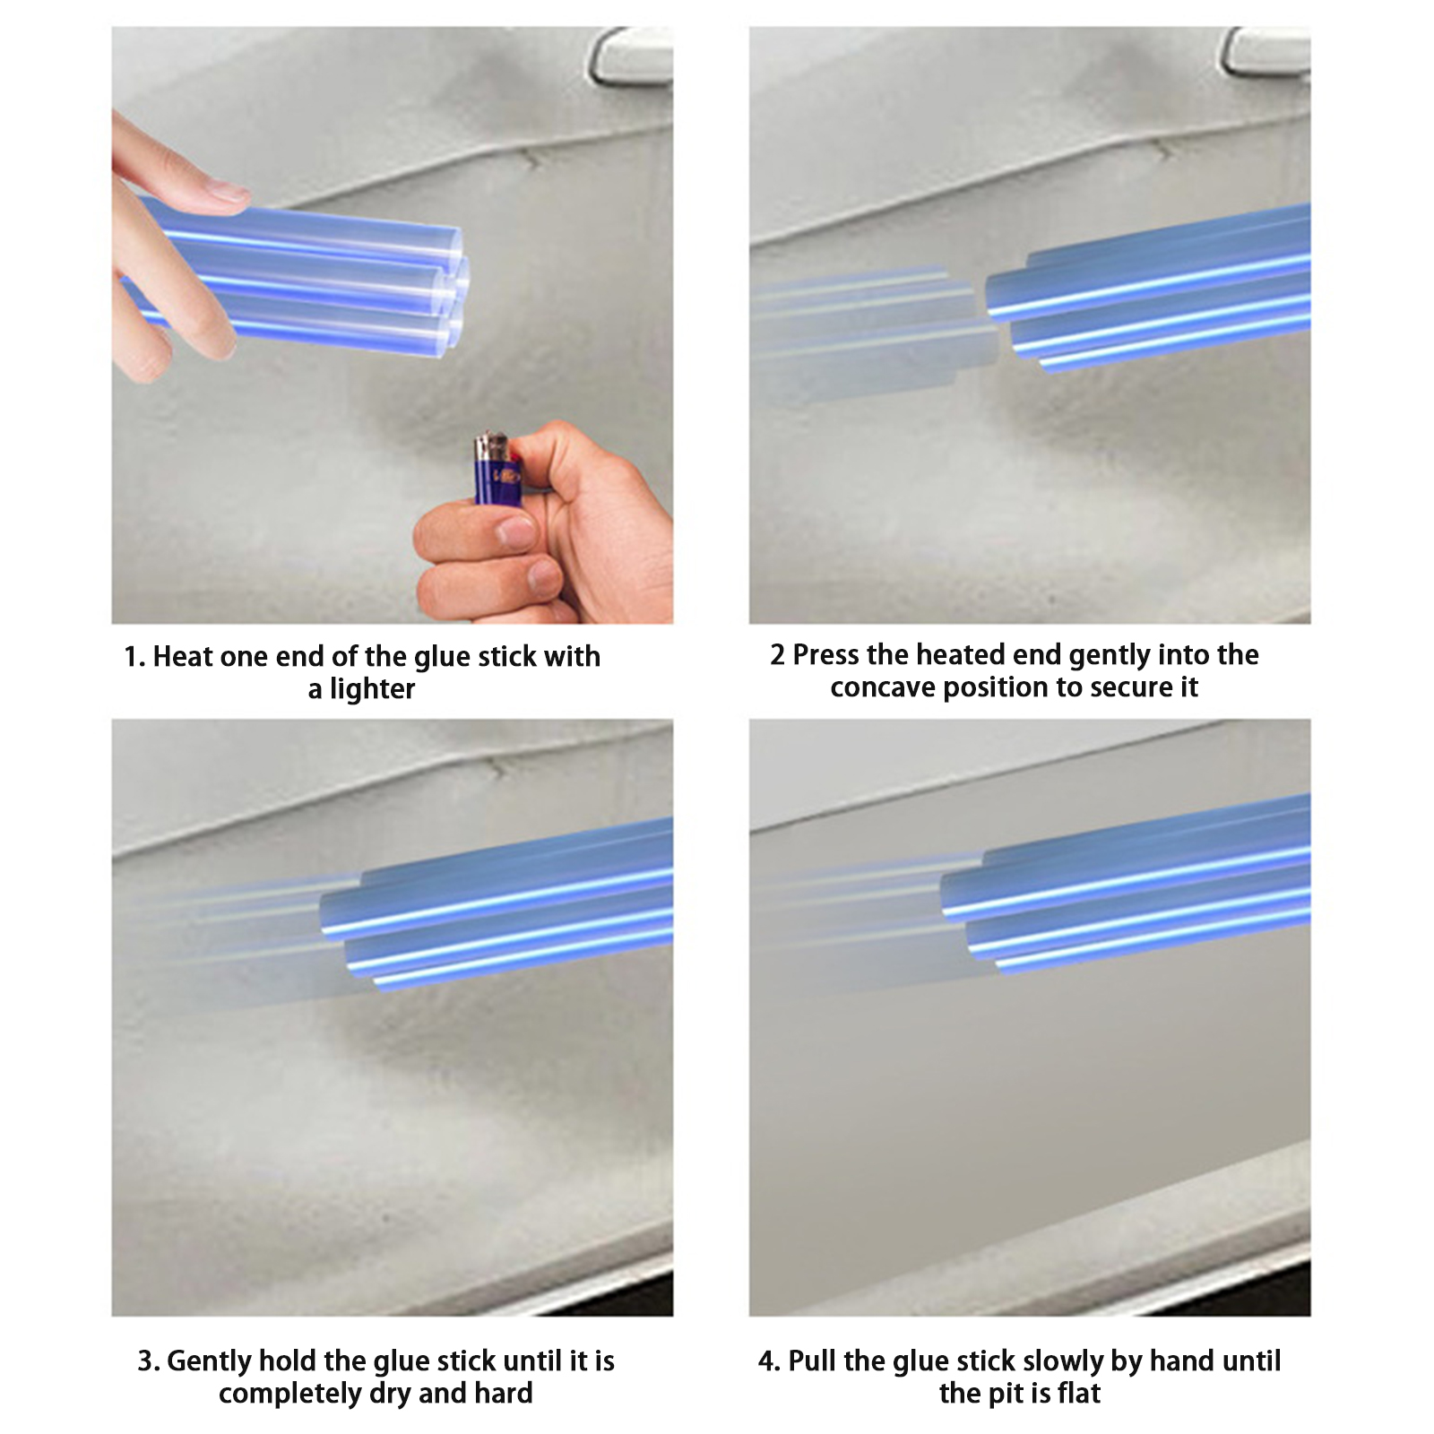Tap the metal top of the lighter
pyautogui.click(x=491, y=443)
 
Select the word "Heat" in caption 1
pyautogui.click(x=183, y=657)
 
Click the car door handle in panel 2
pyautogui.click(x=1266, y=51)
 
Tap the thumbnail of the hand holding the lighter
pyautogui.click(x=542, y=529)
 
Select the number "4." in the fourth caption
pyautogui.click(x=769, y=1361)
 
